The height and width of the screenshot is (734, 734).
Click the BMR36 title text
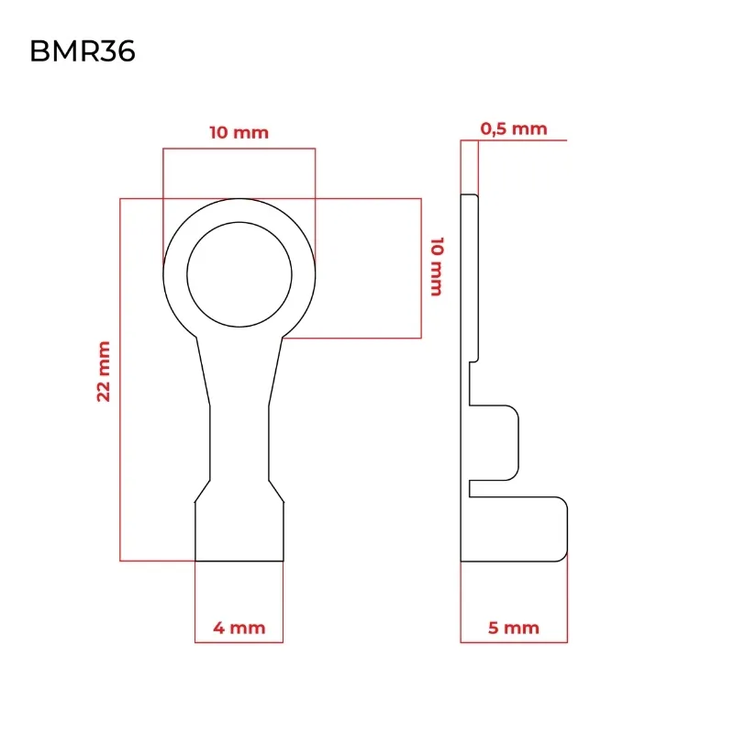pyautogui.click(x=83, y=51)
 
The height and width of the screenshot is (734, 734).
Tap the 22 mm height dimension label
pyautogui.click(x=103, y=372)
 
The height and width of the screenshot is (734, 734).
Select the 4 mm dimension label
pyautogui.click(x=239, y=628)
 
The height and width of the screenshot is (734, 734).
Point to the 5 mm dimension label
pyautogui.click(x=514, y=628)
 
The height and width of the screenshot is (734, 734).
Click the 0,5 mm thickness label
pyautogui.click(x=514, y=128)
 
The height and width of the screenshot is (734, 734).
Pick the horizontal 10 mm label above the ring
pyautogui.click(x=239, y=132)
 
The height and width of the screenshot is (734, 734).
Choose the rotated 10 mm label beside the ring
pyautogui.click(x=437, y=266)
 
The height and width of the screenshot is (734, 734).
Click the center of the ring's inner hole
pyautogui.click(x=239, y=274)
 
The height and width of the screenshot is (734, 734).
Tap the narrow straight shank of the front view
pyautogui.click(x=239, y=443)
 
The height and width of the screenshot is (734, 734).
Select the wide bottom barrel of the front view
pyautogui.click(x=239, y=531)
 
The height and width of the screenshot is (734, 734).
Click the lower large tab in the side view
pyautogui.click(x=518, y=528)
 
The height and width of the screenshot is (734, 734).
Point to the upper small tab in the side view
pyautogui.click(x=494, y=443)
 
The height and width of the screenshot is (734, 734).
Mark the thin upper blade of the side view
pyautogui.click(x=470, y=278)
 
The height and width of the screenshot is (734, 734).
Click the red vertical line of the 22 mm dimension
pyautogui.click(x=120, y=379)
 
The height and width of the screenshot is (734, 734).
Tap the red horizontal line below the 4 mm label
pyautogui.click(x=239, y=642)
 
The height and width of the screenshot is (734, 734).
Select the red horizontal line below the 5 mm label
pyautogui.click(x=514, y=642)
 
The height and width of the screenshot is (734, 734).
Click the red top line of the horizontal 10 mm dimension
pyautogui.click(x=239, y=149)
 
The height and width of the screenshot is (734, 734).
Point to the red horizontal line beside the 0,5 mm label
pyautogui.click(x=514, y=140)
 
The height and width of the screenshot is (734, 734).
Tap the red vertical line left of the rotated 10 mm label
pyautogui.click(x=421, y=268)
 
